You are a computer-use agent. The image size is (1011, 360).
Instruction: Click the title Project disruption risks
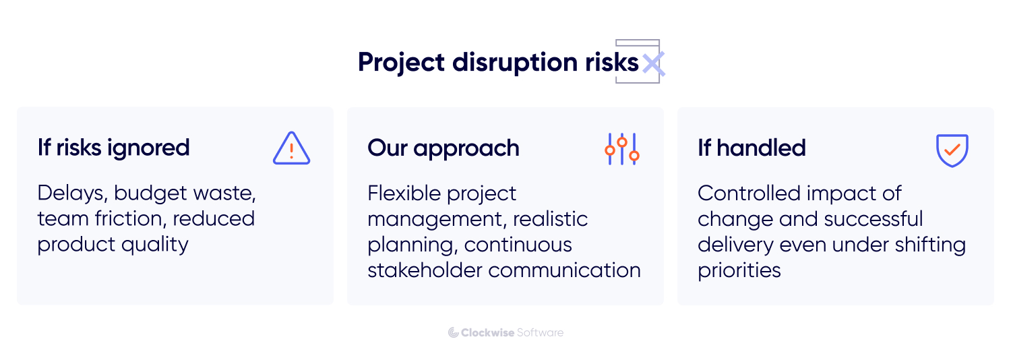pyautogui.click(x=498, y=63)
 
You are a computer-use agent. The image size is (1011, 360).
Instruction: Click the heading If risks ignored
pyautogui.click(x=113, y=148)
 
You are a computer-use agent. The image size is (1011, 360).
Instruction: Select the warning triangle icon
pyautogui.click(x=291, y=148)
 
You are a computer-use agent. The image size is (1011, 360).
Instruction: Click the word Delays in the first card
pyautogui.click(x=71, y=193)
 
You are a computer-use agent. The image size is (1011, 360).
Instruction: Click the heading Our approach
pyautogui.click(x=443, y=148)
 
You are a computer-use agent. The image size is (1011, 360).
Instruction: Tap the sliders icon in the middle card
pyautogui.click(x=621, y=149)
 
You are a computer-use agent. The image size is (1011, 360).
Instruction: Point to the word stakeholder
pyautogui.click(x=425, y=270)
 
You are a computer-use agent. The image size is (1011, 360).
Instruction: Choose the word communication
pyautogui.click(x=565, y=270)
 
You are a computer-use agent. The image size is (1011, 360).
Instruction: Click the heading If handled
pyautogui.click(x=752, y=148)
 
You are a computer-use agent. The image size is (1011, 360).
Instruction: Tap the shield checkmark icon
pyautogui.click(x=952, y=150)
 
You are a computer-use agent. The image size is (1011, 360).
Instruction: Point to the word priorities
pyautogui.click(x=739, y=270)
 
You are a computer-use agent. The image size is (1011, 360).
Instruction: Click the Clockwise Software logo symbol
pyautogui.click(x=453, y=332)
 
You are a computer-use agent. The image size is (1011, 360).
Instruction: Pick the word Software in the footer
pyautogui.click(x=540, y=332)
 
